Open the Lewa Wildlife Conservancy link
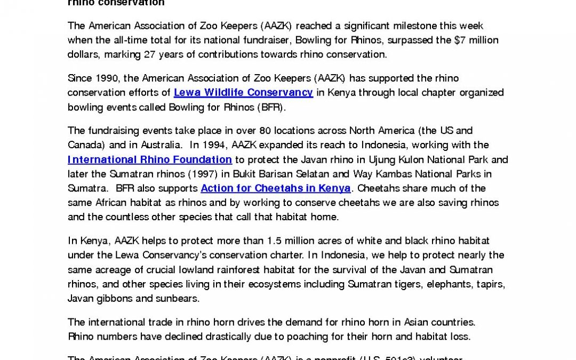tap(243, 92)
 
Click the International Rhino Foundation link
tap(150, 159)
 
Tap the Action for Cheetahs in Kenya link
tap(276, 188)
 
